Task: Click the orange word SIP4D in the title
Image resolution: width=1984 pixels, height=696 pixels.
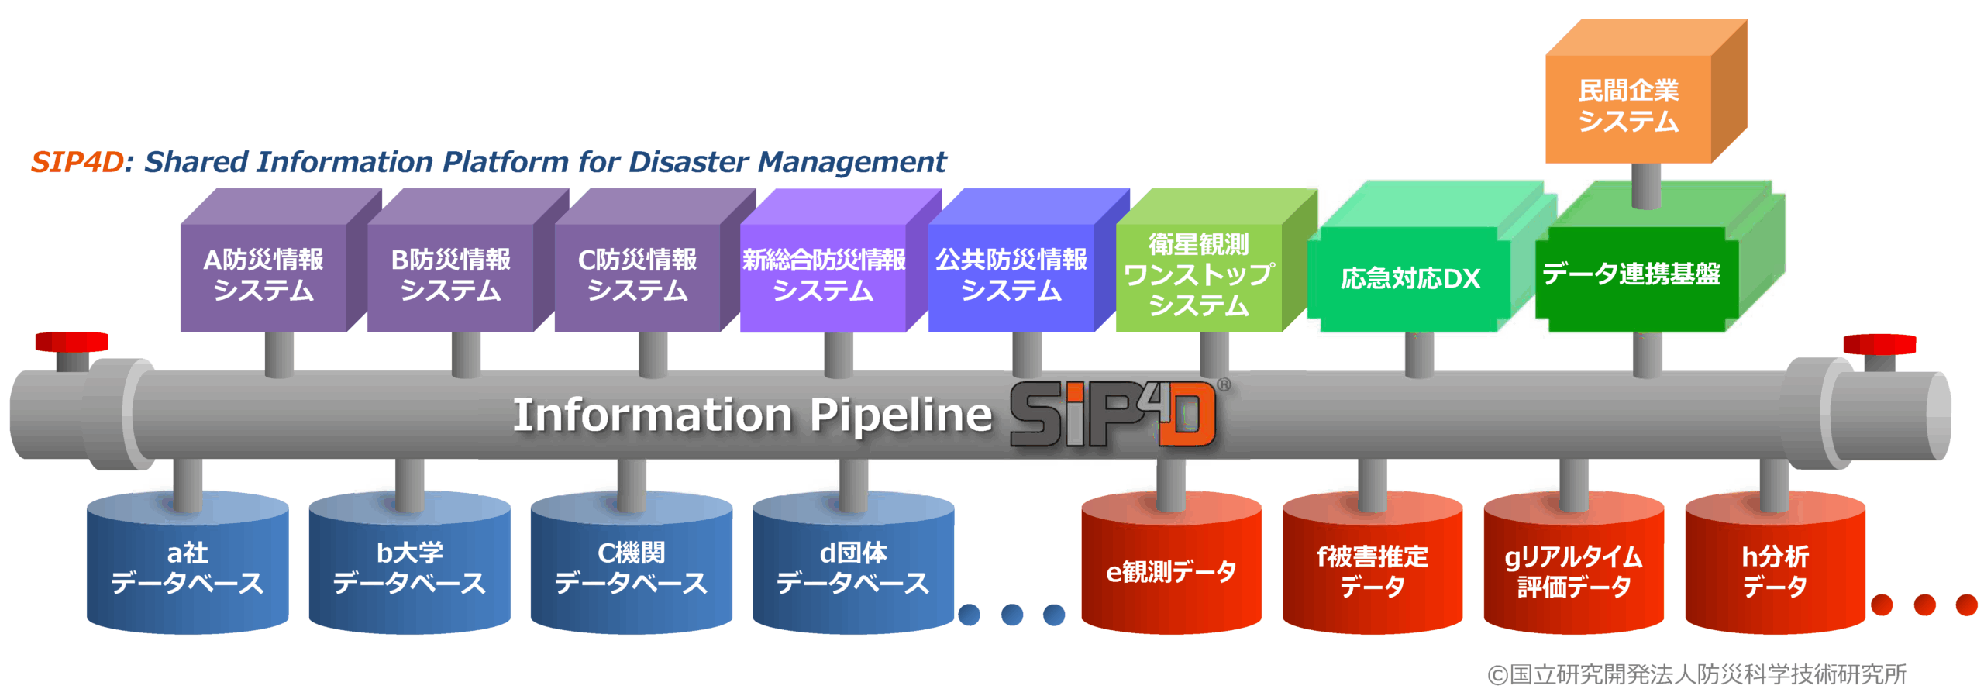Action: coord(77,162)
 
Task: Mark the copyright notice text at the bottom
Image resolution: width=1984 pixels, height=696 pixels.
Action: coord(1697,674)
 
